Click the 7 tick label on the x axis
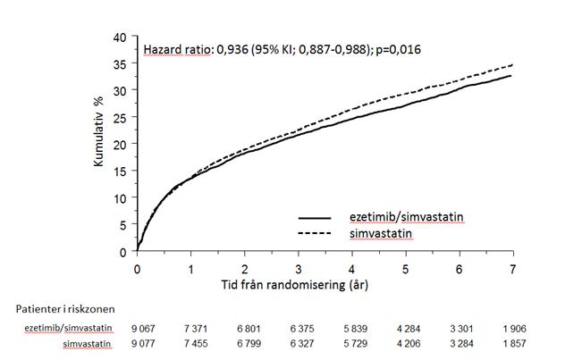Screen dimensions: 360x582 (x=513, y=268)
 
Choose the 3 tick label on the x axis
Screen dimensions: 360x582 (x=298, y=268)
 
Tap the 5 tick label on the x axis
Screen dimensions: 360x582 (x=406, y=268)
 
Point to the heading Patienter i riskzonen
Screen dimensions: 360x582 (x=61, y=309)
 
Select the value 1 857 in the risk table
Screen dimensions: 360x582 (x=512, y=343)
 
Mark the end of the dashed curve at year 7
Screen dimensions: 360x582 (x=512, y=65)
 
